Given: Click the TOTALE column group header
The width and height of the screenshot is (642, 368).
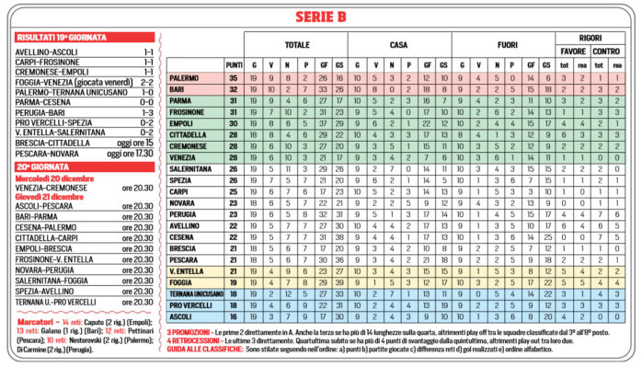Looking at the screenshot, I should click(x=297, y=43).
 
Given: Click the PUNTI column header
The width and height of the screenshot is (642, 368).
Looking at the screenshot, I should click(x=234, y=64).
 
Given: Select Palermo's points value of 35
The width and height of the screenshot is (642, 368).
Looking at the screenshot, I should click(x=234, y=79).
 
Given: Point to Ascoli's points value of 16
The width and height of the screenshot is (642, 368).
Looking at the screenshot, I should click(x=234, y=316).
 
